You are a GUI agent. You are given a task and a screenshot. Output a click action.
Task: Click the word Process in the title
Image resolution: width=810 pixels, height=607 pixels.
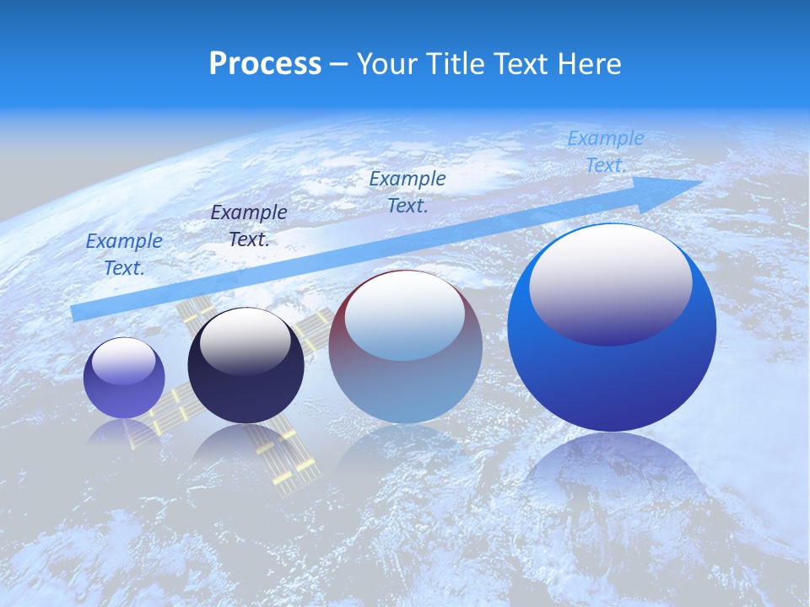(265, 64)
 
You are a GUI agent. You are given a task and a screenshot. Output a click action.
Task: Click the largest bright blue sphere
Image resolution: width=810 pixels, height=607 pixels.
(612, 371)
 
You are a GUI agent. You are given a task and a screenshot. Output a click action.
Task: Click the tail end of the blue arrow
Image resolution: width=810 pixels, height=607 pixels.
(78, 313)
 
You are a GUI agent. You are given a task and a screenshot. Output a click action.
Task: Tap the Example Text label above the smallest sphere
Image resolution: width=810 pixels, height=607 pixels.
(124, 254)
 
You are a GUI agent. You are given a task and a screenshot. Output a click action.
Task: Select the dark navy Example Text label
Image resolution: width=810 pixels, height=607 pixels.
(249, 225)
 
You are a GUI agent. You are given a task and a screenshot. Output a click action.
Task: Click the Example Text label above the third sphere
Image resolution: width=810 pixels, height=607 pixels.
(408, 191)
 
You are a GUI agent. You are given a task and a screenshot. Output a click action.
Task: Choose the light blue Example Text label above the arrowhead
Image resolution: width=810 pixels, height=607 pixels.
(606, 152)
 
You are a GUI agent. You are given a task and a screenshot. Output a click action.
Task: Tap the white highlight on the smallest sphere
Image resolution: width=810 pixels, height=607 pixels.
(124, 362)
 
